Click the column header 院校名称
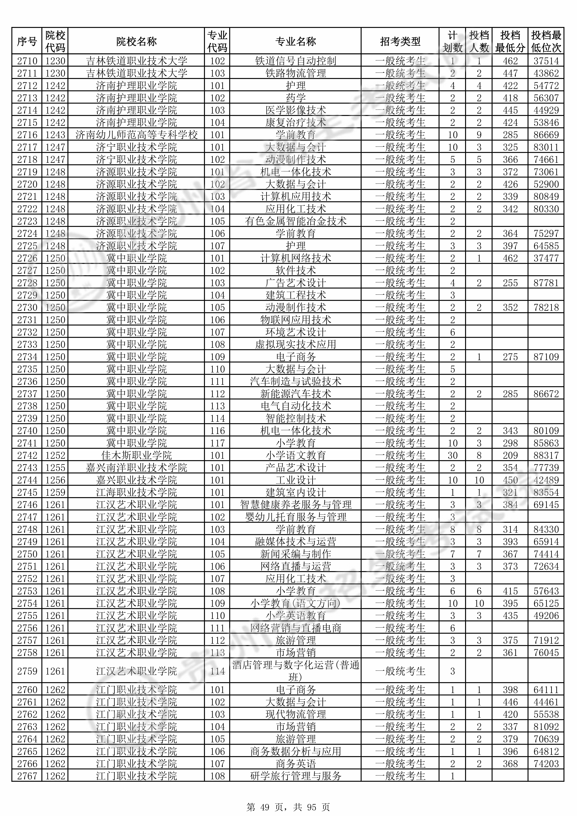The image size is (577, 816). (136, 42)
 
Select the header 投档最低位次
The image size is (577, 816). (546, 42)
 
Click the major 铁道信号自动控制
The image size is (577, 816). (295, 61)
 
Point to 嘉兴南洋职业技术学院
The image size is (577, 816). (136, 468)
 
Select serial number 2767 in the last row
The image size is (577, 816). (27, 776)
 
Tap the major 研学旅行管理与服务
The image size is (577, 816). (295, 776)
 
